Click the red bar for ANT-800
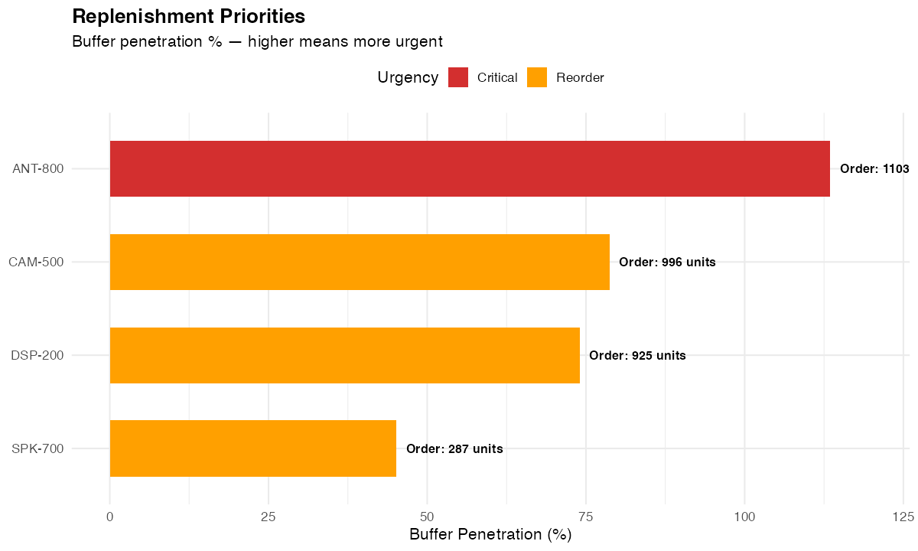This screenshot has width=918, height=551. (470, 169)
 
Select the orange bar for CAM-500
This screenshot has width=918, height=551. (360, 262)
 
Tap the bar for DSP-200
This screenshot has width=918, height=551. (344, 356)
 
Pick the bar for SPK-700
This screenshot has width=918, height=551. (252, 448)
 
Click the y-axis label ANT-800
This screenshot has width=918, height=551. (37, 169)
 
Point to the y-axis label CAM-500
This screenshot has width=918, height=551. (36, 262)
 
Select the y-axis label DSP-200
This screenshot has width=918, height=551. (37, 356)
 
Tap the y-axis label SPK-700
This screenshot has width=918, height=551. (37, 449)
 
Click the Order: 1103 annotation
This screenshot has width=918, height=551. (874, 169)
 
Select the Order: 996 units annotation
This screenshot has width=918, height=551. (667, 262)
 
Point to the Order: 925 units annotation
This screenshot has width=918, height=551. (637, 356)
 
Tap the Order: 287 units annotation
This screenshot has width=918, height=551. (454, 449)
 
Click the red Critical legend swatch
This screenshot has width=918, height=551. (458, 77)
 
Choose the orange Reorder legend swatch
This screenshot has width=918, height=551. (538, 77)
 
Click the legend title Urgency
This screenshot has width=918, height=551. (408, 77)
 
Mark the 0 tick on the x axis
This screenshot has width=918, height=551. (110, 517)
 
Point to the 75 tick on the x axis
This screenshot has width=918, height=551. (586, 517)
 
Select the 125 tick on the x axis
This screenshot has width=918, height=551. (903, 517)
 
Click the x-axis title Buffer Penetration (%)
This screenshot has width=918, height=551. (490, 535)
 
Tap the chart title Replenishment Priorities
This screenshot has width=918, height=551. (188, 16)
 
